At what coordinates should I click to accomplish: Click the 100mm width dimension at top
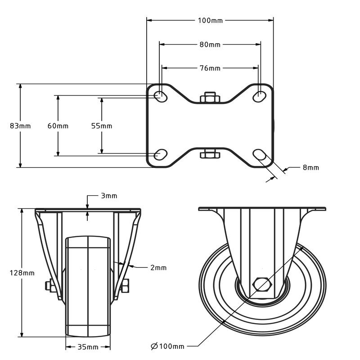[210, 20]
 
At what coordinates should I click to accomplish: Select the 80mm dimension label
[210, 45]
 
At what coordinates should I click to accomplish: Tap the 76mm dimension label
[210, 68]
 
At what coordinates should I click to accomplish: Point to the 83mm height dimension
[20, 126]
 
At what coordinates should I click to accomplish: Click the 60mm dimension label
[58, 126]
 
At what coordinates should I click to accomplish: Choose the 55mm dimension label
[102, 126]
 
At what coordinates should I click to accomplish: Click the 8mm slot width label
[310, 167]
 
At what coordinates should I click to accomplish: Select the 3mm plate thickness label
[109, 196]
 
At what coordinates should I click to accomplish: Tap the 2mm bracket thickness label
[158, 267]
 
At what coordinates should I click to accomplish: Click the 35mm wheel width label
[88, 347]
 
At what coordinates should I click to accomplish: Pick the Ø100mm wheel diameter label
[168, 346]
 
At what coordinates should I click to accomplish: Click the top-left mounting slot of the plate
[160, 95]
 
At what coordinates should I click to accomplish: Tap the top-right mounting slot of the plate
[260, 95]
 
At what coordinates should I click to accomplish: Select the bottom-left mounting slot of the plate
[160, 154]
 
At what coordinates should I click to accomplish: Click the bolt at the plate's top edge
[209, 97]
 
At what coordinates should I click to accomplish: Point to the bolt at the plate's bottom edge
[209, 154]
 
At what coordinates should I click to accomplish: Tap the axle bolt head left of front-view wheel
[48, 286]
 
